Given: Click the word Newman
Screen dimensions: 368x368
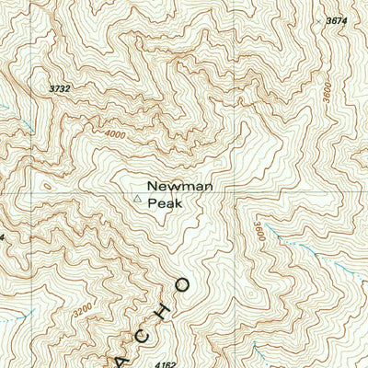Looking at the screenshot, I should (x=180, y=186).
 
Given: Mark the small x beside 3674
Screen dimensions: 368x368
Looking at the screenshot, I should (x=318, y=19).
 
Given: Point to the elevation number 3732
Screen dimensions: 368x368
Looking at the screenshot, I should (x=60, y=88).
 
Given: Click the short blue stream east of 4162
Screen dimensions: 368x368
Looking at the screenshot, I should (x=256, y=349).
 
